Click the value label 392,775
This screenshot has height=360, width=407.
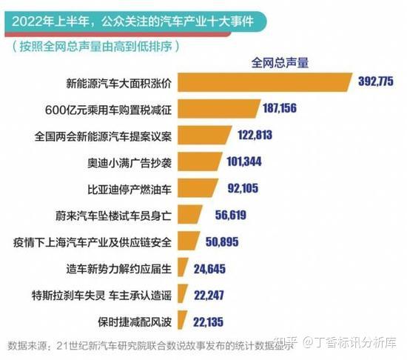click(379, 82)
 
